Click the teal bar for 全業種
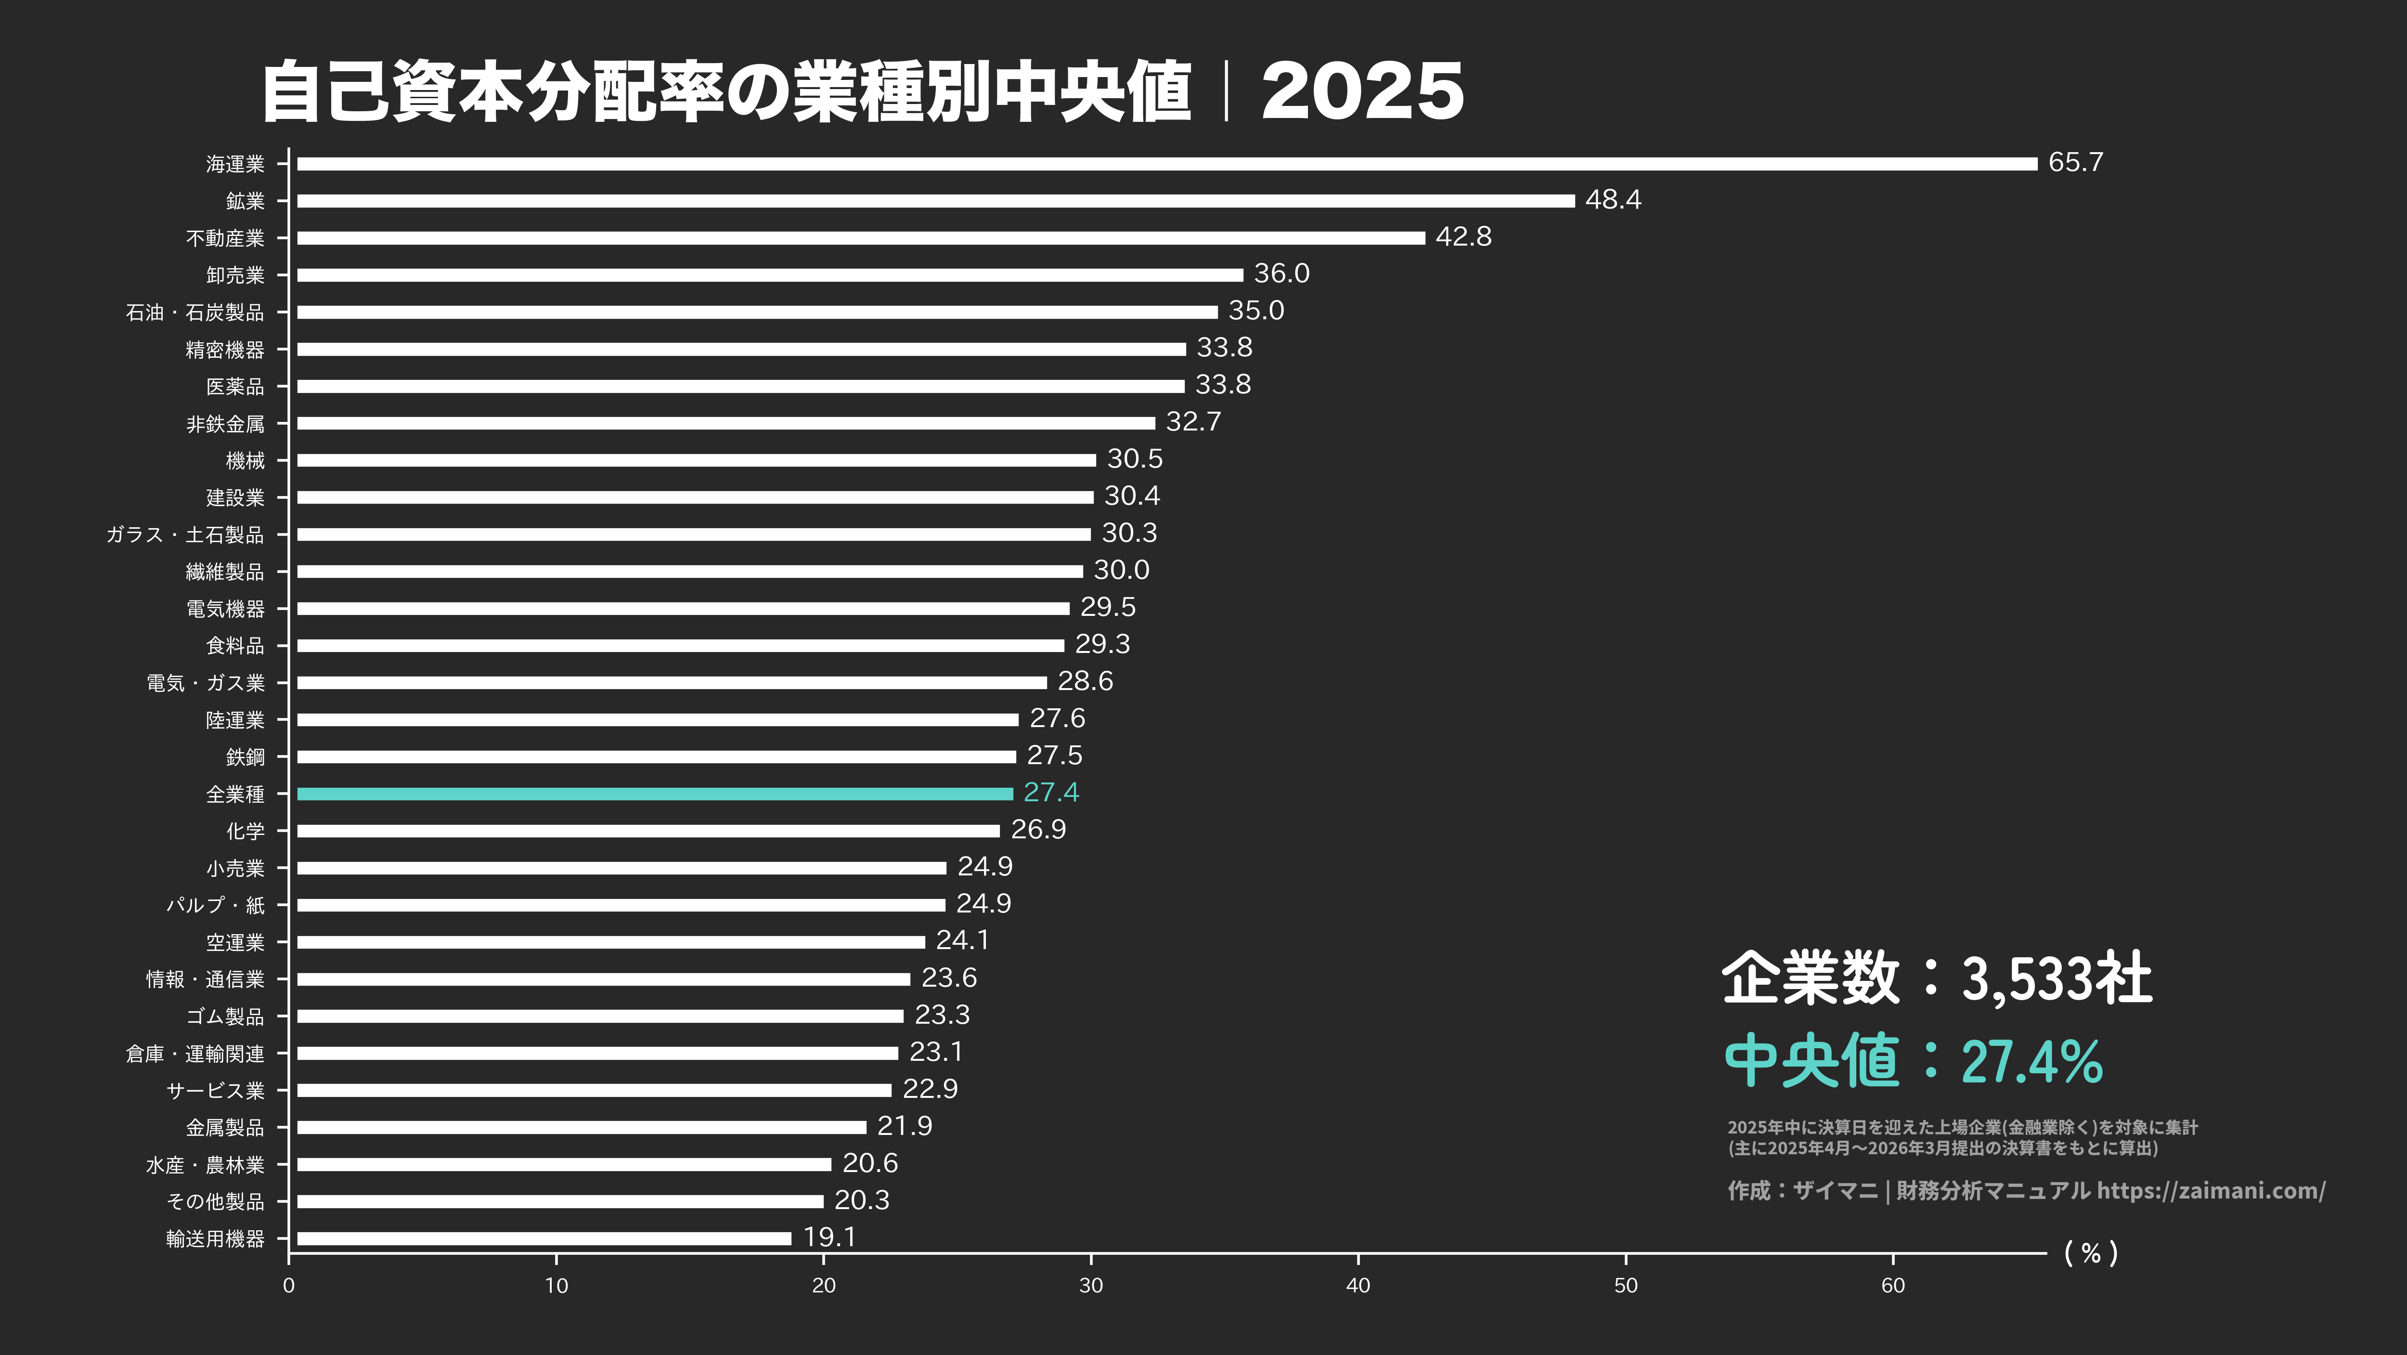point(654,794)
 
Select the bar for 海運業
point(1166,164)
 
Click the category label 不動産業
point(225,238)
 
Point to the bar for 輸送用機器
point(544,1238)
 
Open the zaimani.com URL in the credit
point(2211,1190)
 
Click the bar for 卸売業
point(770,275)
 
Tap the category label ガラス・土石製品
point(185,534)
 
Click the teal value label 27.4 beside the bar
point(1051,793)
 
